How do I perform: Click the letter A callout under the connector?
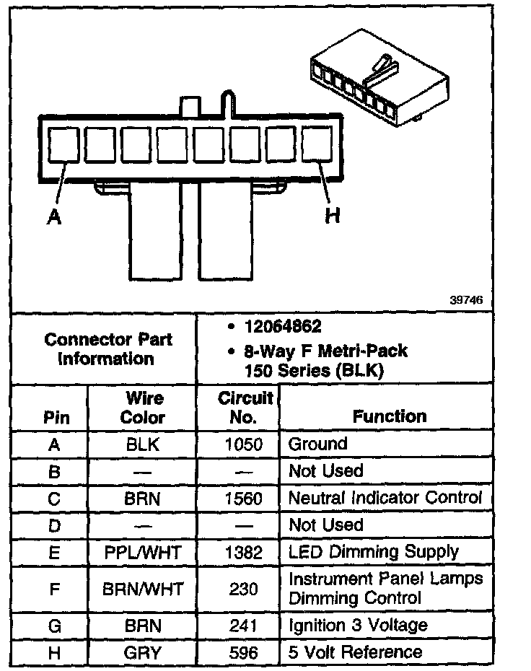coord(53,216)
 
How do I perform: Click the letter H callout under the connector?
coord(333,215)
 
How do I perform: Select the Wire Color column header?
coord(142,408)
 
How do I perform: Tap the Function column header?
coord(389,416)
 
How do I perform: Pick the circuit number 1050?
coord(243,444)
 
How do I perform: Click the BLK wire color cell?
coord(142,444)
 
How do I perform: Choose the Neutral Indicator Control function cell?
coord(385,498)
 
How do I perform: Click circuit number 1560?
coord(243,498)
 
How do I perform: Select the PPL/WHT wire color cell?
coord(142,552)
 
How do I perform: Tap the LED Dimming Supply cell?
coord(373,552)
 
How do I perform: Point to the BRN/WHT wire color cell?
coord(142,589)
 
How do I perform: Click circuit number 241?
coord(243,626)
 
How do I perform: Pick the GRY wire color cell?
coord(142,653)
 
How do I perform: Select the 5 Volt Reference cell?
coord(355,652)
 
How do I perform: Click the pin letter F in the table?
coord(53,589)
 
